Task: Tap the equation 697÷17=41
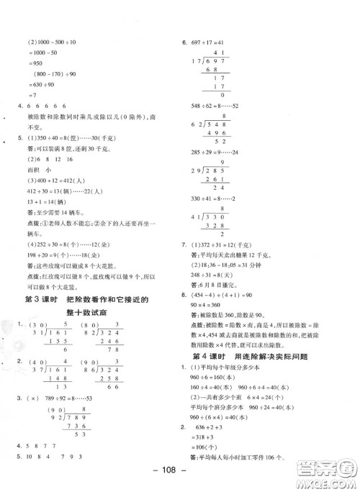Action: tap(210, 42)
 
